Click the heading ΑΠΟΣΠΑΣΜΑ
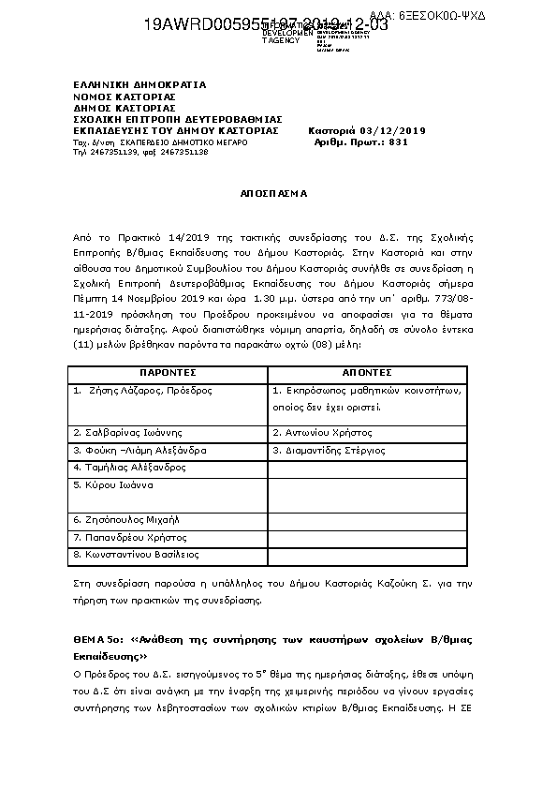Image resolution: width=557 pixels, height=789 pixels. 278,193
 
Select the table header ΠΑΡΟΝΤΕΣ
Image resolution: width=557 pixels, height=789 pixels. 168,372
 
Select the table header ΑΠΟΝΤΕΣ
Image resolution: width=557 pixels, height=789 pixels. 367,372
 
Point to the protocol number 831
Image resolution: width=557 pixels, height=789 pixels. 398,141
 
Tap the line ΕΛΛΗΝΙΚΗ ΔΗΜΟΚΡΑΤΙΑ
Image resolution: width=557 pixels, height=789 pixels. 139,84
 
